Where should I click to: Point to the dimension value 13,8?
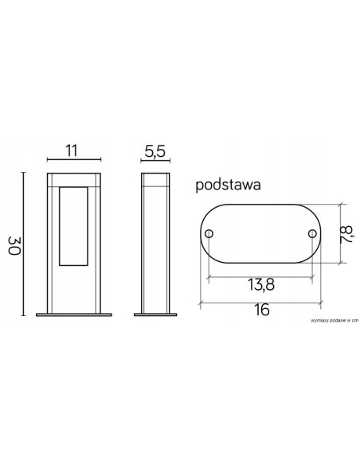click(260, 284)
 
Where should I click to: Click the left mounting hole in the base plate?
click(209, 234)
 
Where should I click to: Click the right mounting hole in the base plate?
click(312, 234)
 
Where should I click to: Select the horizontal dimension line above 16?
click(260, 301)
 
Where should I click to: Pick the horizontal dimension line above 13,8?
click(260, 275)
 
